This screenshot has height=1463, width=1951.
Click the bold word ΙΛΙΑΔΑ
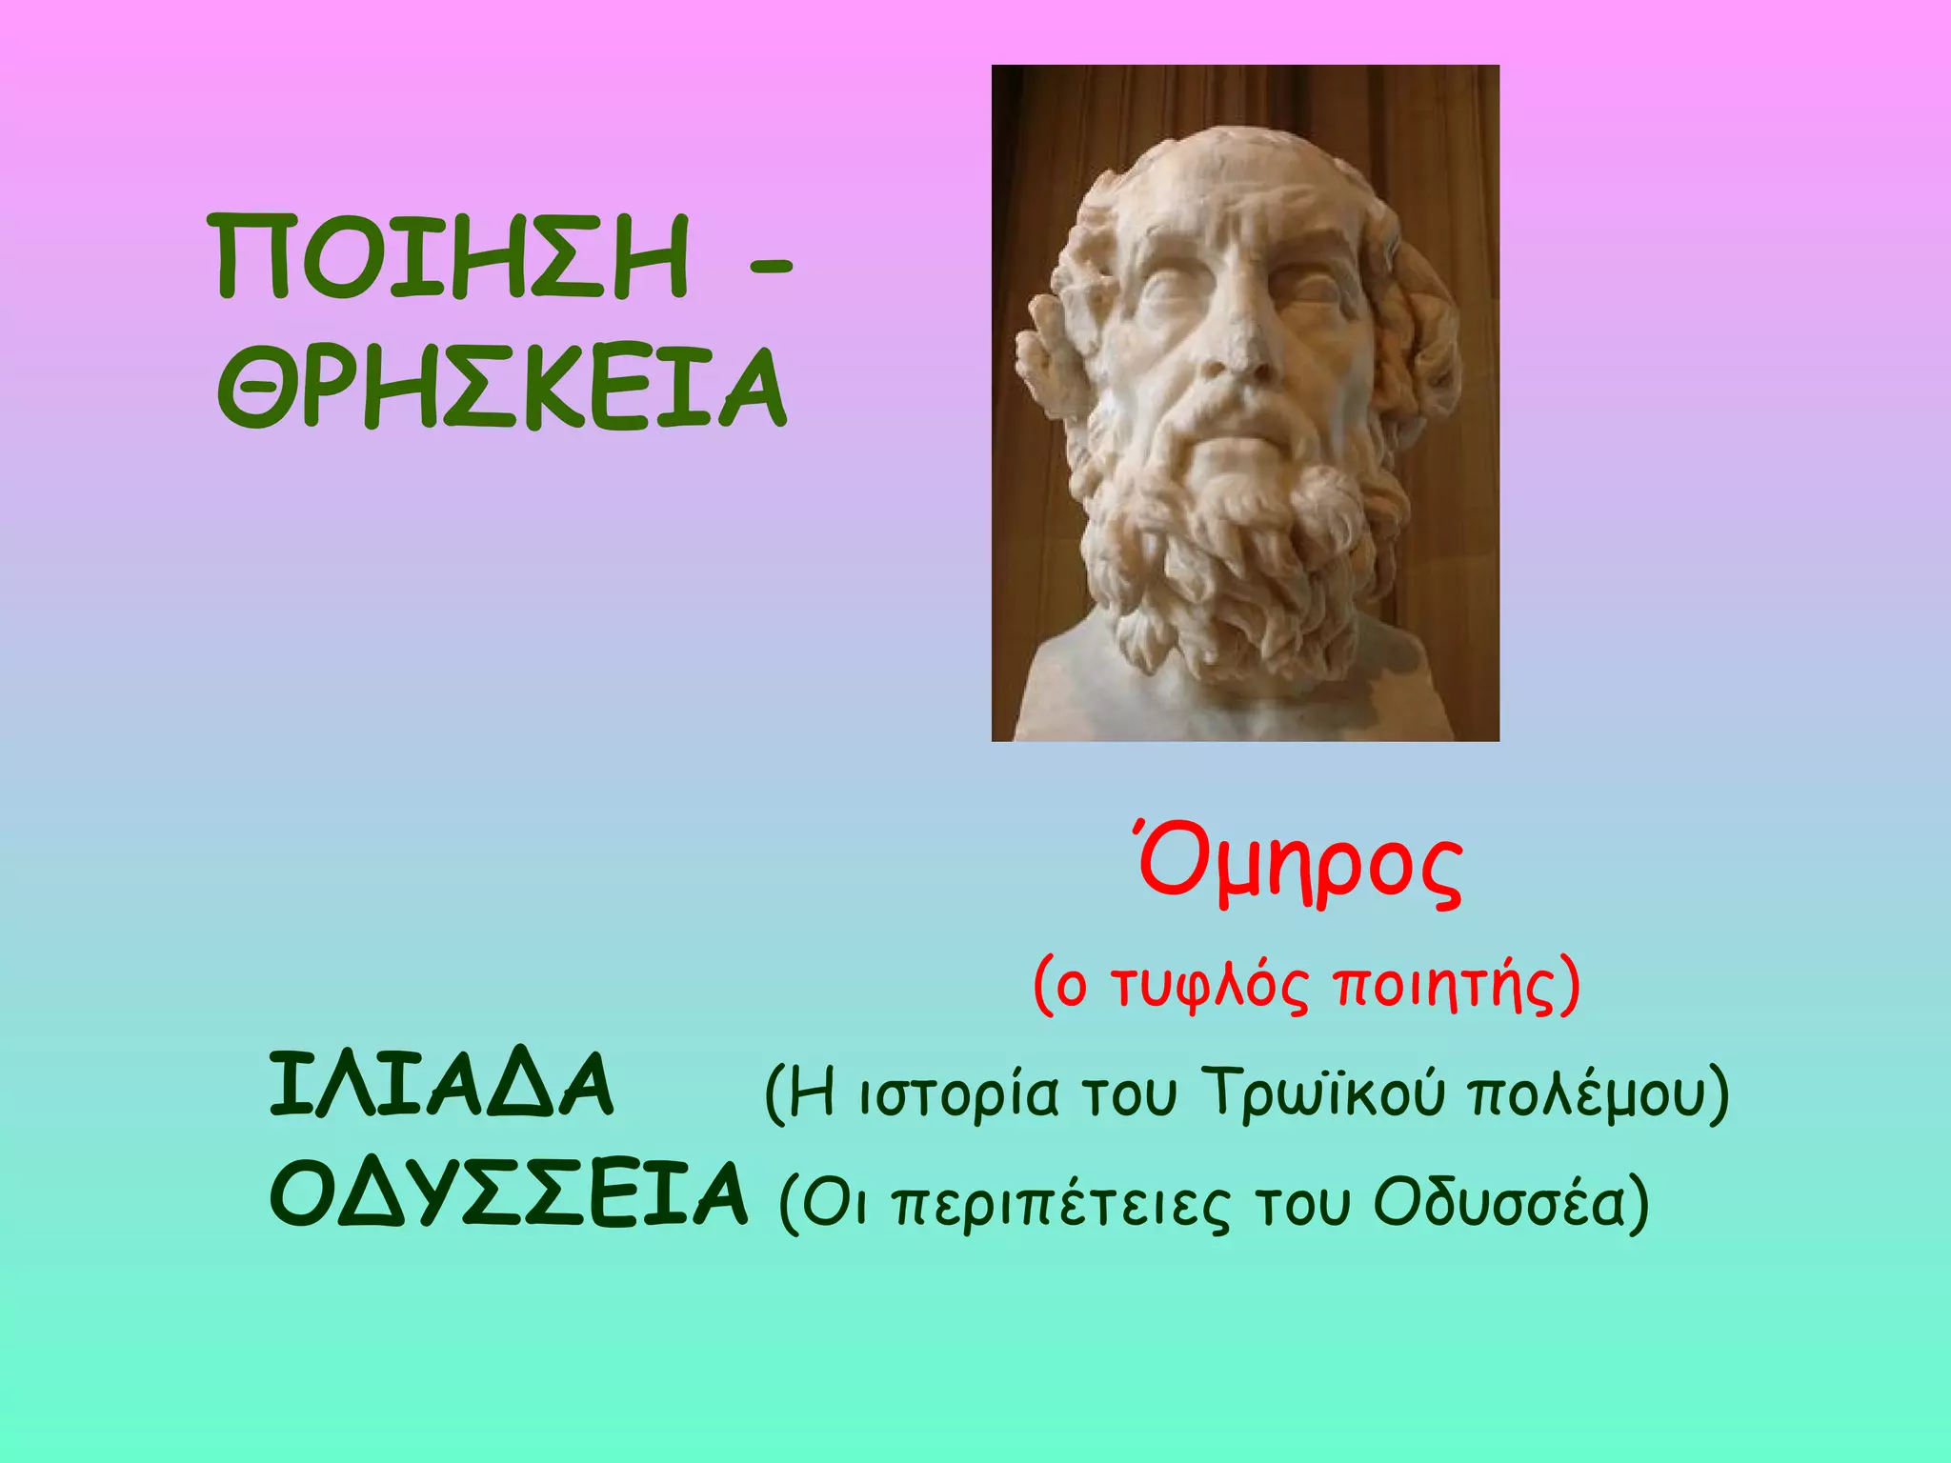click(442, 1087)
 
